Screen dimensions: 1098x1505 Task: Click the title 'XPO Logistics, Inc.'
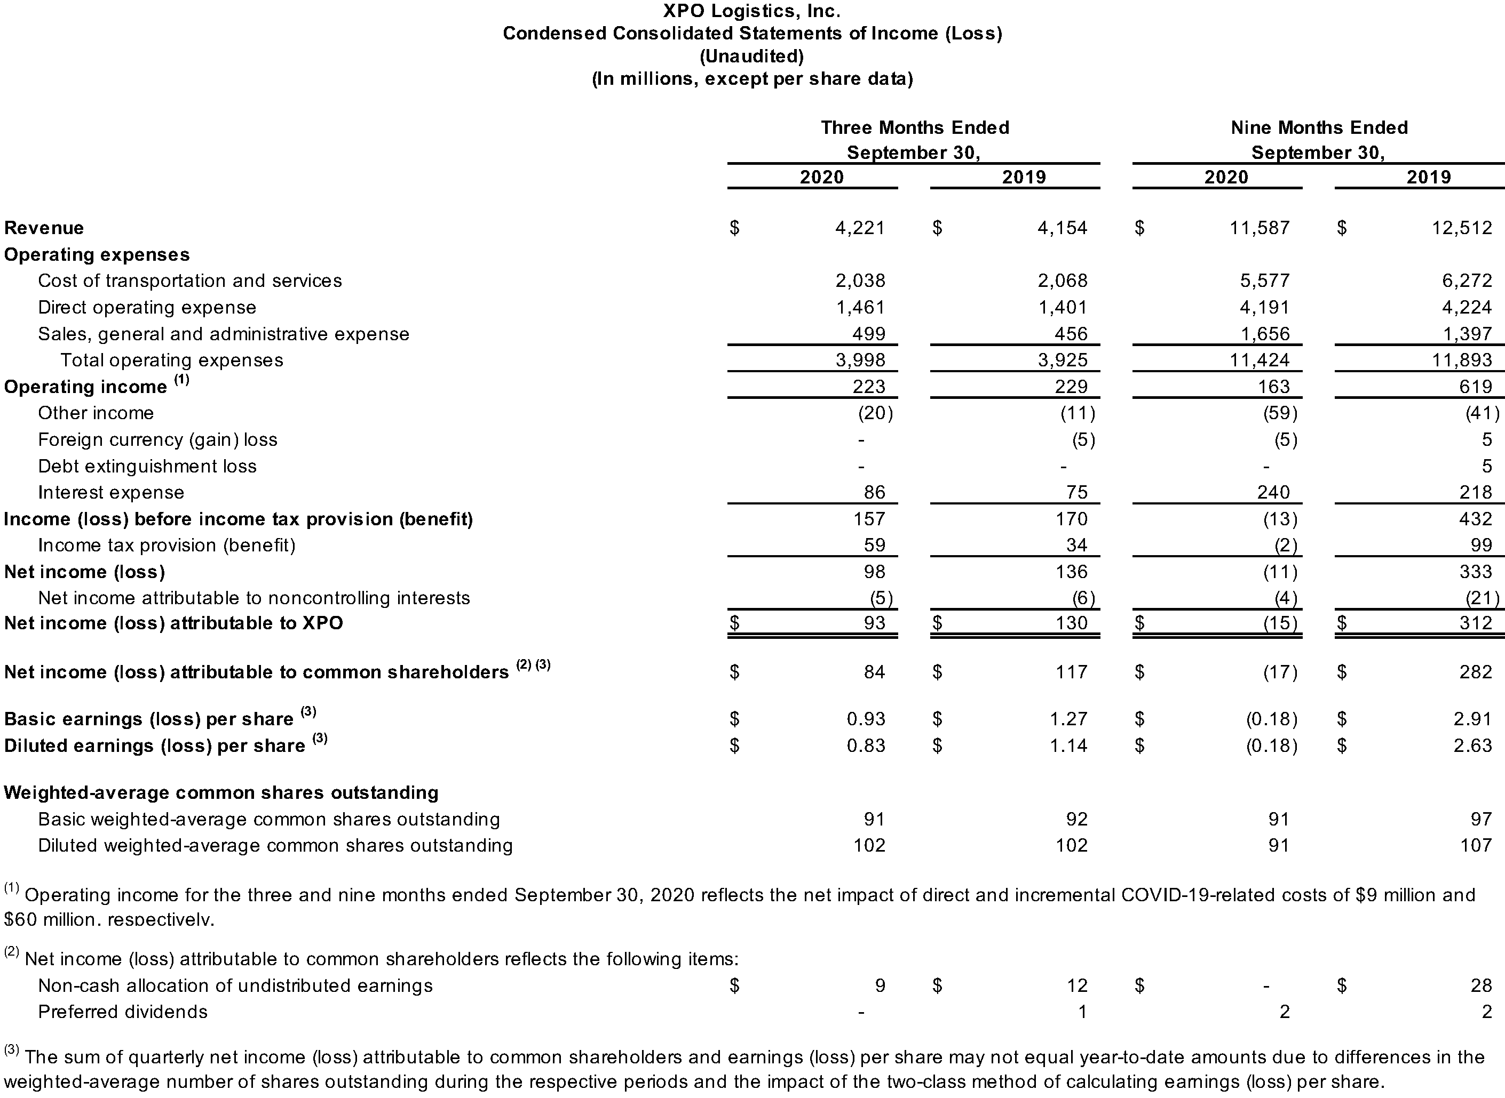(751, 11)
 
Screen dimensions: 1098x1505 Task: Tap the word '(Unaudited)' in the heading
(751, 57)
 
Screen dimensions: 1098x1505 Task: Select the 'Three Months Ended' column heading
(914, 127)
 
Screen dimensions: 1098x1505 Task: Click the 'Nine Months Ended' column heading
(1319, 127)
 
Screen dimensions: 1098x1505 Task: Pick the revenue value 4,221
(860, 228)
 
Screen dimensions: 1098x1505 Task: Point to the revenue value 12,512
(1462, 228)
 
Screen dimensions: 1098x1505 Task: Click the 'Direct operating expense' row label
(147, 307)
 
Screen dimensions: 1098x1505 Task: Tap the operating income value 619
(1476, 387)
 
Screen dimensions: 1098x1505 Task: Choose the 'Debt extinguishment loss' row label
(147, 466)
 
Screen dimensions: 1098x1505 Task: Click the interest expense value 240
(1273, 493)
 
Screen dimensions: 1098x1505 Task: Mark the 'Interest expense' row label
(111, 493)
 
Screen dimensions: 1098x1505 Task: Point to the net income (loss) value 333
(1476, 572)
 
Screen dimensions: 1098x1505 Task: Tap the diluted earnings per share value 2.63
(1472, 745)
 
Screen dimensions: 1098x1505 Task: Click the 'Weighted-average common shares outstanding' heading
(221, 792)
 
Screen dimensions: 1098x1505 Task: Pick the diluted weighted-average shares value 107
(1476, 845)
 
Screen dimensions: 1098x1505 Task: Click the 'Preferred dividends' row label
(123, 1012)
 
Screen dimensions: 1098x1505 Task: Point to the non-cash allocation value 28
(1481, 985)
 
